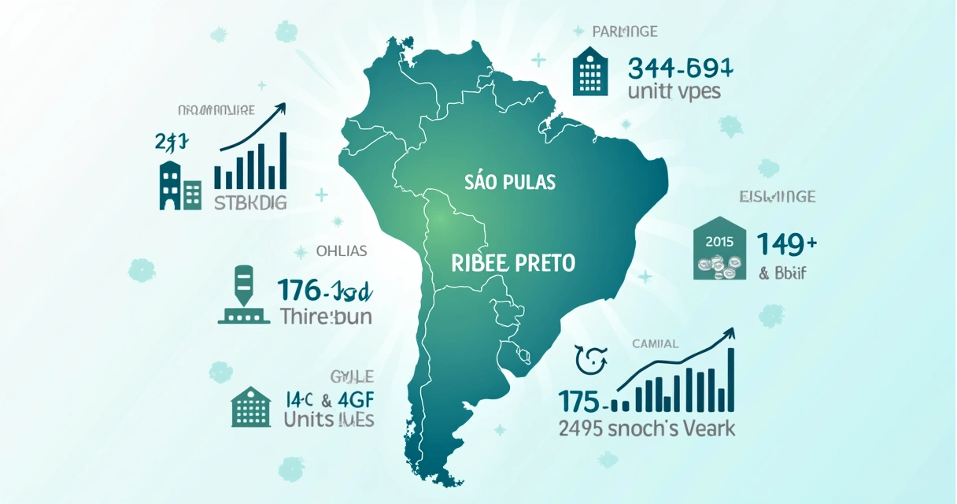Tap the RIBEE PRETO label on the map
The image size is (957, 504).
pyautogui.click(x=513, y=263)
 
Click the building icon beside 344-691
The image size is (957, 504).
pyautogui.click(x=590, y=70)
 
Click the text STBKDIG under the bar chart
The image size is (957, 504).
pyautogui.click(x=250, y=203)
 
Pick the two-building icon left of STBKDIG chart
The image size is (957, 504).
pyautogui.click(x=181, y=185)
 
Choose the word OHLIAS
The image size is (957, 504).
pyautogui.click(x=341, y=251)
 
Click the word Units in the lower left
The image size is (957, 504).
pyautogui.click(x=309, y=419)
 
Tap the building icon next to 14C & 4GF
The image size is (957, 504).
pyautogui.click(x=250, y=406)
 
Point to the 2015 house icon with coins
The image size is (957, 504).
pyautogui.click(x=719, y=250)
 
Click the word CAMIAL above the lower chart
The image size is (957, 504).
pyautogui.click(x=655, y=343)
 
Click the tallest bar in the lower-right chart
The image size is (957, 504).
pyautogui.click(x=731, y=380)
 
